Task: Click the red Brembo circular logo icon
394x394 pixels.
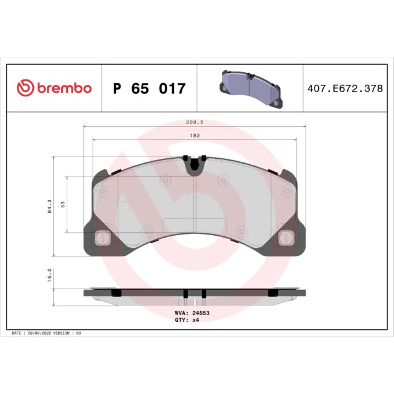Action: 24,88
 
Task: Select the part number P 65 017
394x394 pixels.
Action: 149,89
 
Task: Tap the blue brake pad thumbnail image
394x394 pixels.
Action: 250,88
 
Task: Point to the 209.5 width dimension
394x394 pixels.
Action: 194,122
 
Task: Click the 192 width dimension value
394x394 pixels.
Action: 194,136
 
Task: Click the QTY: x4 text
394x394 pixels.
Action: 187,320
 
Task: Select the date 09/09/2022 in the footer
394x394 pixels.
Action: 41,333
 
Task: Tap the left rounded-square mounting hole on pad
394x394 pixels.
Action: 103,239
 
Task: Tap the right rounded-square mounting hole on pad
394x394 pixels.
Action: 284,239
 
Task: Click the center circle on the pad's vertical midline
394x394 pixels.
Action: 195,192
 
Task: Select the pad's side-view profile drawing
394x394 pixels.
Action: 194,293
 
